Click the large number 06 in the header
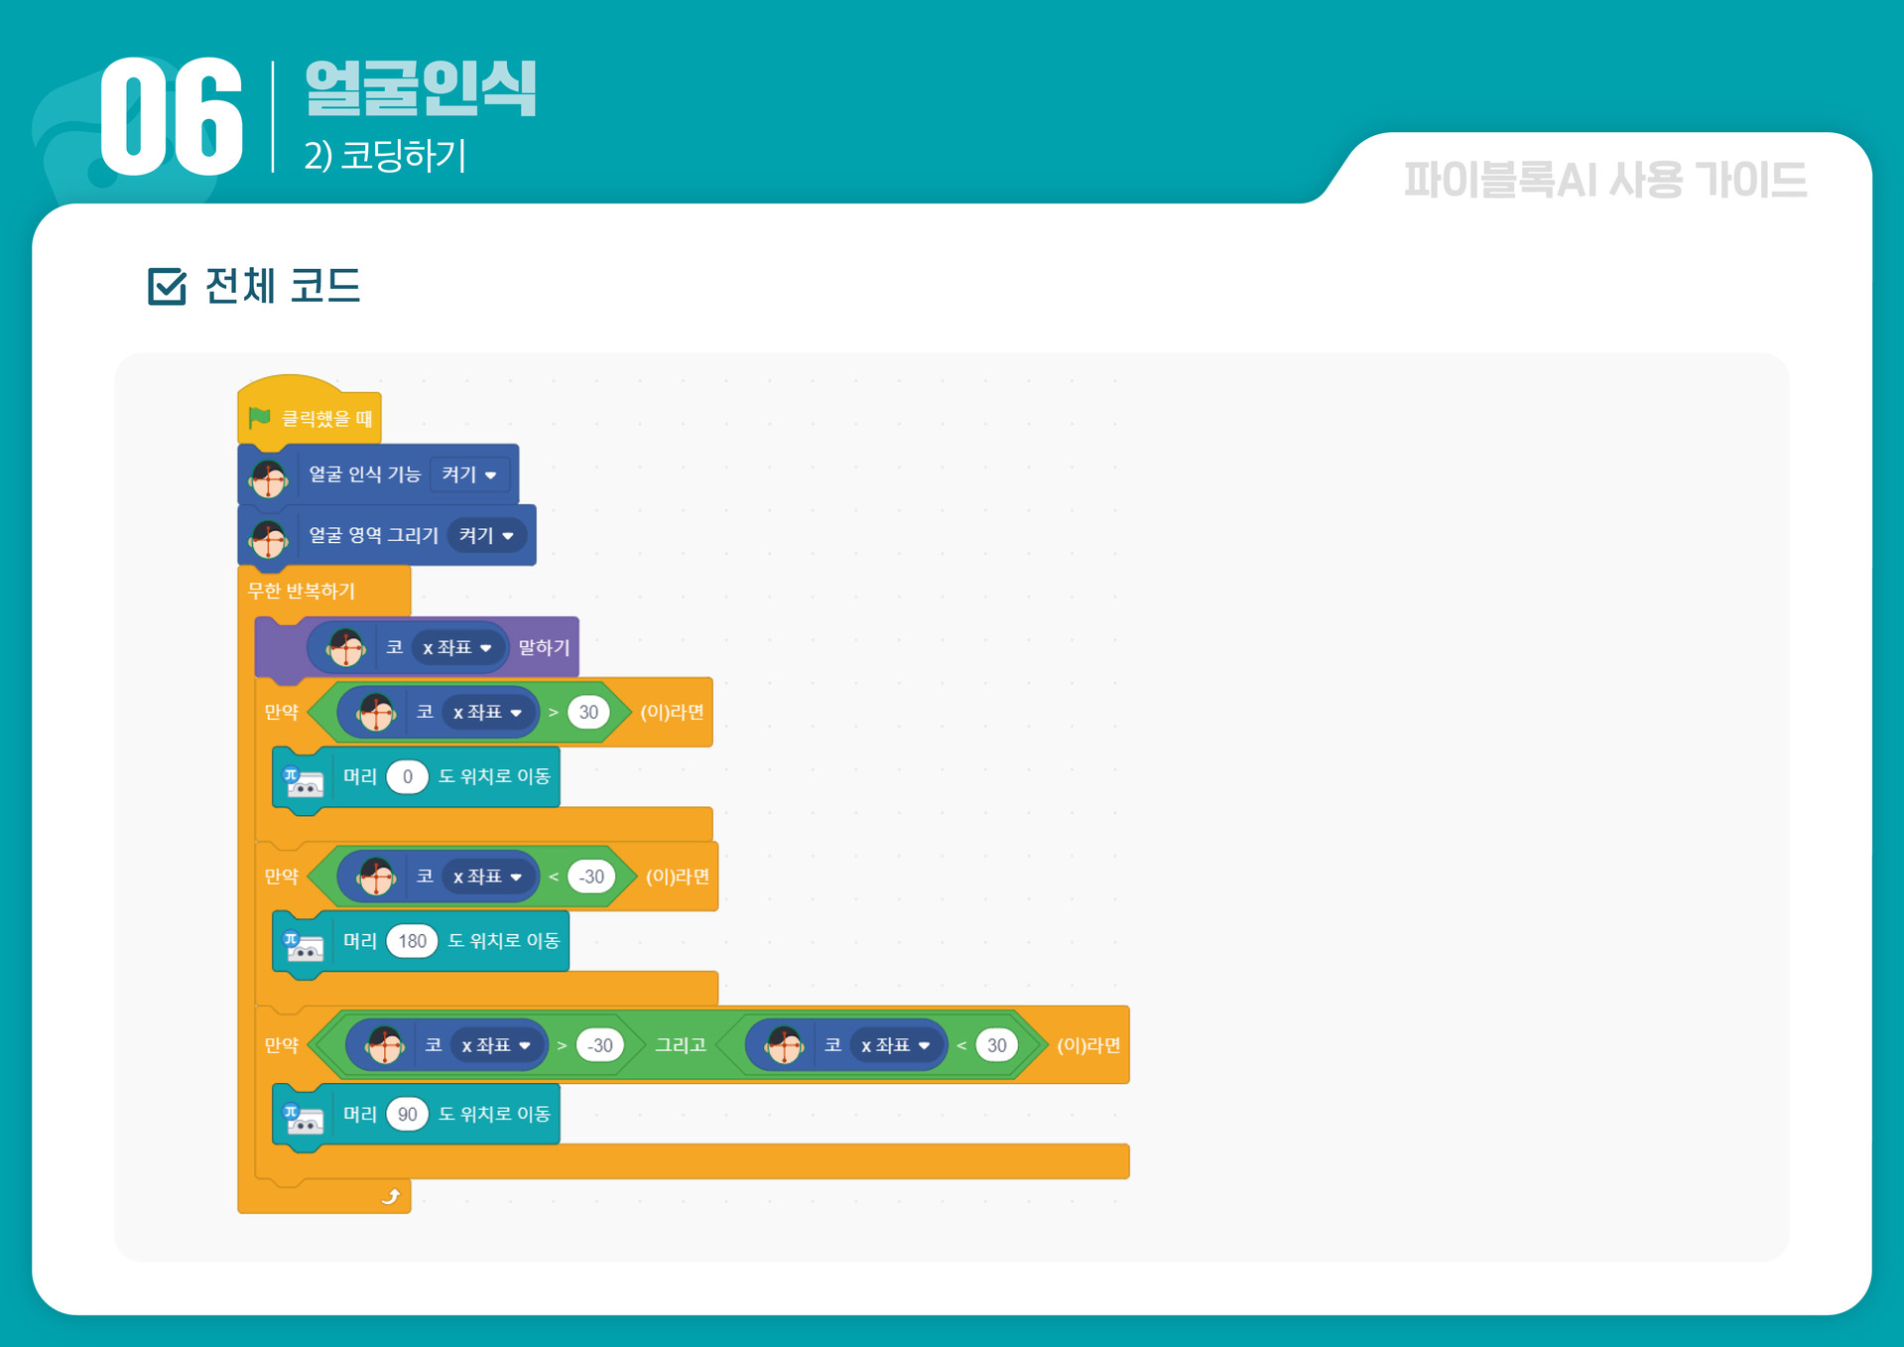172,117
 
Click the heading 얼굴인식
421,88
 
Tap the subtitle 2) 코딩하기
385,156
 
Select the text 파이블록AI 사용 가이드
1604,181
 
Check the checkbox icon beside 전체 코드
167,287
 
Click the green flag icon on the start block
260,418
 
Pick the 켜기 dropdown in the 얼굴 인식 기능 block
469,474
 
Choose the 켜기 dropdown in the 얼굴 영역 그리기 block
486,536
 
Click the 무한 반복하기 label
302,592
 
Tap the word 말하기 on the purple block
544,648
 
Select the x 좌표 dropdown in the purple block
457,648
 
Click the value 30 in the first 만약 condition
588,713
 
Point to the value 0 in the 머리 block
407,777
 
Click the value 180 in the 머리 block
412,941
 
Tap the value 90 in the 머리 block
407,1115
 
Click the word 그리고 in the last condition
681,1045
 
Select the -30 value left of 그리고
599,1045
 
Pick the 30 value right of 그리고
996,1045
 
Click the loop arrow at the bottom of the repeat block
391,1197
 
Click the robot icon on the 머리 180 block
304,947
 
